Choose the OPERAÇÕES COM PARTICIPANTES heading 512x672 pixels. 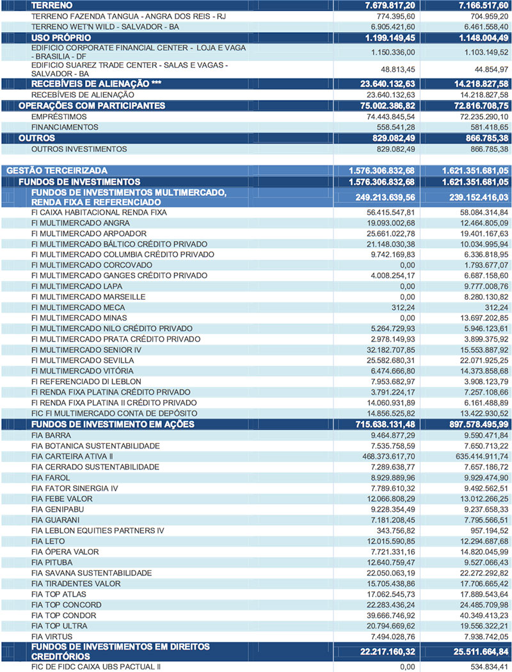pyautogui.click(x=92, y=106)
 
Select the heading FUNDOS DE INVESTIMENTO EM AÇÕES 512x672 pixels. pyautogui.click(x=113, y=424)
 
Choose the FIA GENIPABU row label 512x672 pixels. pyautogui.click(x=57, y=509)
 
